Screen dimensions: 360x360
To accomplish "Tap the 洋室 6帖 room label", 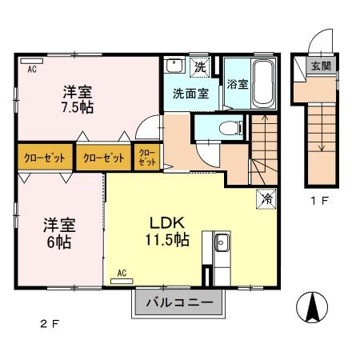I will (58, 233).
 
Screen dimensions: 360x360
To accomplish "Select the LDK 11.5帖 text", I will (166, 231).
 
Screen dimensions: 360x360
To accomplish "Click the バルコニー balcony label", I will (178, 303).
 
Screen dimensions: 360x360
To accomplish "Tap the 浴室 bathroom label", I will (236, 83).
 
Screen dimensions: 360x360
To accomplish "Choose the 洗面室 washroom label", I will (190, 92).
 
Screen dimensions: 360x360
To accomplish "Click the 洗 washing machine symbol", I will (201, 66).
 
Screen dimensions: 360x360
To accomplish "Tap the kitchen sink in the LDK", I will (221, 243).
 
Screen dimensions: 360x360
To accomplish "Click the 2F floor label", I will (50, 324).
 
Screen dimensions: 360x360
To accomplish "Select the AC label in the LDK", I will (122, 273).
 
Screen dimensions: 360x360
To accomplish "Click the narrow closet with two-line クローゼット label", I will (147, 156).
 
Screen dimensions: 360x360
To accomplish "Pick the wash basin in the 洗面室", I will (176, 66).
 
